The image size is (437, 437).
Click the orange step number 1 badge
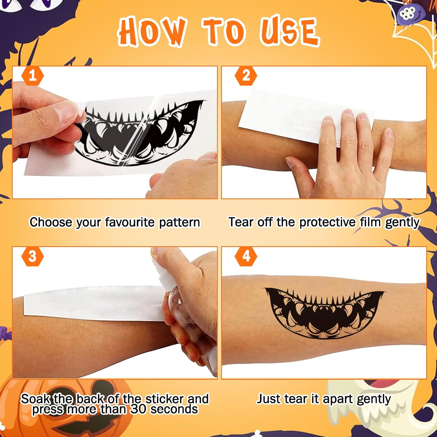(x=33, y=76)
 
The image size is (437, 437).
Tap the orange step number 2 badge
(x=246, y=76)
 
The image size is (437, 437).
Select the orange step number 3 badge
(x=33, y=256)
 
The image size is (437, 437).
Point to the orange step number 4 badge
(x=246, y=256)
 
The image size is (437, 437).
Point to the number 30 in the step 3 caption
(x=138, y=409)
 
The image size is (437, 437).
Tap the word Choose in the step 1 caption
(x=51, y=222)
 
